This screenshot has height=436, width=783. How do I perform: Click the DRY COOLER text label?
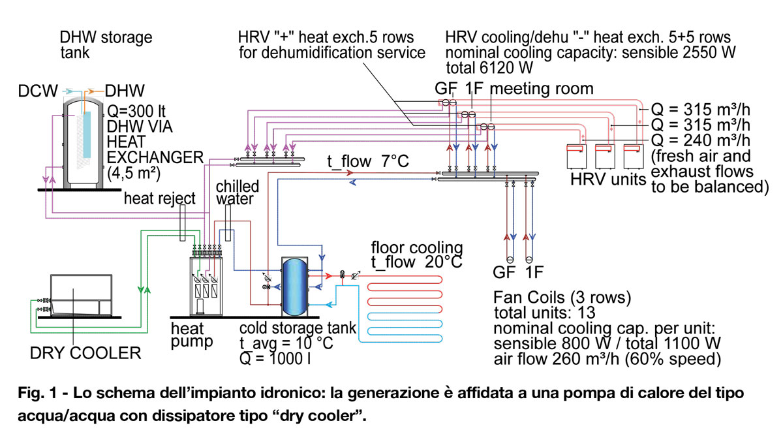[85, 353]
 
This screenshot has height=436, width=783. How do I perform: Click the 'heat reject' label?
[160, 198]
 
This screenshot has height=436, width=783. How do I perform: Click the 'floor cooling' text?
[417, 249]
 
